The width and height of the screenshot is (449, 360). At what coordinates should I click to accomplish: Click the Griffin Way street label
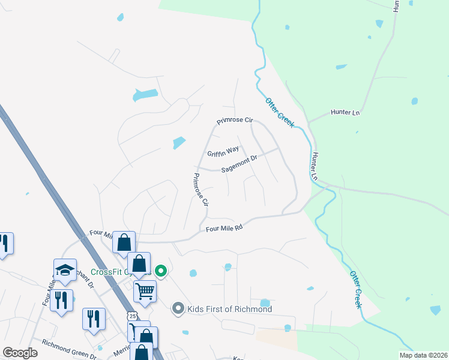(223, 151)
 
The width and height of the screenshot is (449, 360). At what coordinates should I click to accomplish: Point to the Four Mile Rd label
(224, 228)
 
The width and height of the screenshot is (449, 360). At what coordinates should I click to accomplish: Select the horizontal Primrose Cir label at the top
(235, 121)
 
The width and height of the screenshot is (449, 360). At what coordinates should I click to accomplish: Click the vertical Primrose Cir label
(200, 190)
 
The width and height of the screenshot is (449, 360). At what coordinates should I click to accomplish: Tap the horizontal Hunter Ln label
(345, 112)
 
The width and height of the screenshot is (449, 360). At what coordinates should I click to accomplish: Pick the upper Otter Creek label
(280, 112)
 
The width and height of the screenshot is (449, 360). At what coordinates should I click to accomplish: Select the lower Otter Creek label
(356, 289)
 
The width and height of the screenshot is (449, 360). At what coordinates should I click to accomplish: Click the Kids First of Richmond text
(231, 309)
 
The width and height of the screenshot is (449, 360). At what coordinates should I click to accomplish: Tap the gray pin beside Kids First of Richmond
(178, 309)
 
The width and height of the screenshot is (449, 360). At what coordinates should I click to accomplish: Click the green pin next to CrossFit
(160, 271)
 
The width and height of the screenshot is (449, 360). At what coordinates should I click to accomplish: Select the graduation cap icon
(65, 269)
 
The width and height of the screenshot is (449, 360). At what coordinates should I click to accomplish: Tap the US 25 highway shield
(132, 316)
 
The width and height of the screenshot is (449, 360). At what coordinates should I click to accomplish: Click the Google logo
(20, 353)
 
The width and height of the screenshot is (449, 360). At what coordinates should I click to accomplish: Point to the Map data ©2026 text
(423, 355)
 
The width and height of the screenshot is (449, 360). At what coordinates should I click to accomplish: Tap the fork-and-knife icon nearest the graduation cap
(62, 300)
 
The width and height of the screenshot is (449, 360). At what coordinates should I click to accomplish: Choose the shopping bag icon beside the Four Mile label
(124, 243)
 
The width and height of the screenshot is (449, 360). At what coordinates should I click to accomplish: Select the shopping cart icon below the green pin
(145, 291)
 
